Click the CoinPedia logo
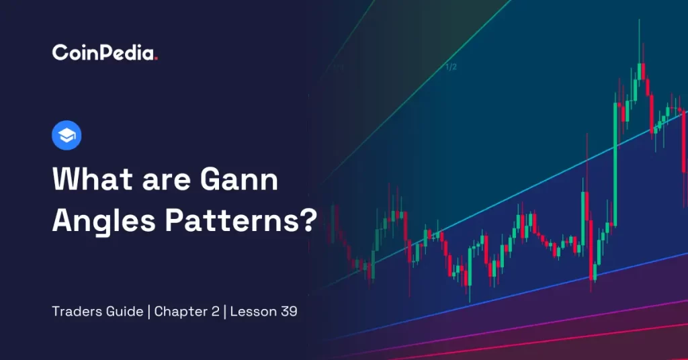(104, 52)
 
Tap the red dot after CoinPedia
(155, 58)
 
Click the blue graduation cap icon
(67, 135)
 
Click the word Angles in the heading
(104, 221)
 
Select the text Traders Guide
(97, 312)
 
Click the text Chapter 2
(187, 312)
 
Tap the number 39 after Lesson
(289, 312)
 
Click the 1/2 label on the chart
(451, 66)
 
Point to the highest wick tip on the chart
(640, 19)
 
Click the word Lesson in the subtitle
(253, 312)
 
